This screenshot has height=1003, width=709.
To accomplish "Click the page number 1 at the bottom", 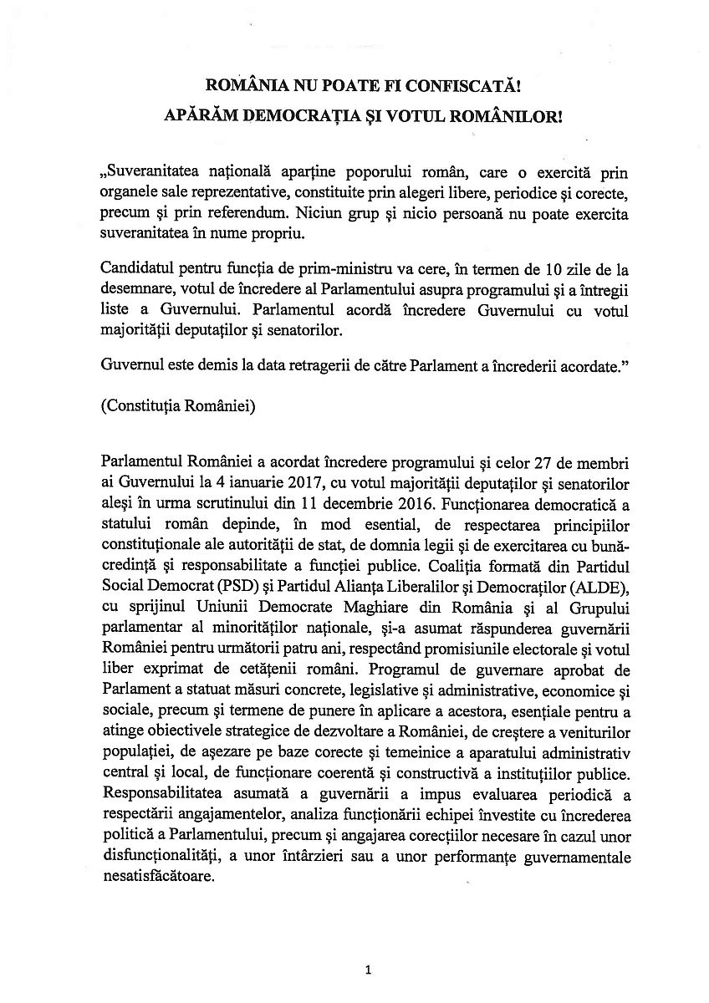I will (367, 970).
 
